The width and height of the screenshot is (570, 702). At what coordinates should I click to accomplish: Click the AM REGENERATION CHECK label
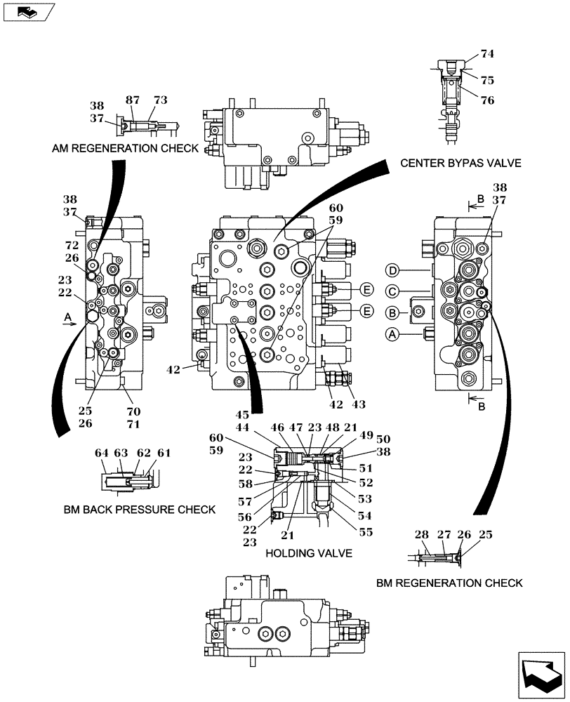[124, 149]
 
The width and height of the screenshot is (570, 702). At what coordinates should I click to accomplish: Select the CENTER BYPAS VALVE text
[460, 163]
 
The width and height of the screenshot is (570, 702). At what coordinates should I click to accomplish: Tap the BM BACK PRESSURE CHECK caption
[138, 509]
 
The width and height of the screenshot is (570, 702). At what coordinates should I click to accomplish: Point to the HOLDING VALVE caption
[308, 553]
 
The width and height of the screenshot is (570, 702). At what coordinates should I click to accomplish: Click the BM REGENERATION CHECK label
[449, 583]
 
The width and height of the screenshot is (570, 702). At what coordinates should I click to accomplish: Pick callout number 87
[133, 100]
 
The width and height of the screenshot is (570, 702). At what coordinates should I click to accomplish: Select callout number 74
[487, 53]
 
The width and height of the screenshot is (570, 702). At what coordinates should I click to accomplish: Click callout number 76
[487, 100]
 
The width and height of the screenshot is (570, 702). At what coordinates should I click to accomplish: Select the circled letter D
[392, 270]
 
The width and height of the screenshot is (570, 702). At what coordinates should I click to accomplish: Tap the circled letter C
[392, 291]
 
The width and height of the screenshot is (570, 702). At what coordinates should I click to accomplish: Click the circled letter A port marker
[392, 336]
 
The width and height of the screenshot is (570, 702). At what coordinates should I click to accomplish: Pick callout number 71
[133, 424]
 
